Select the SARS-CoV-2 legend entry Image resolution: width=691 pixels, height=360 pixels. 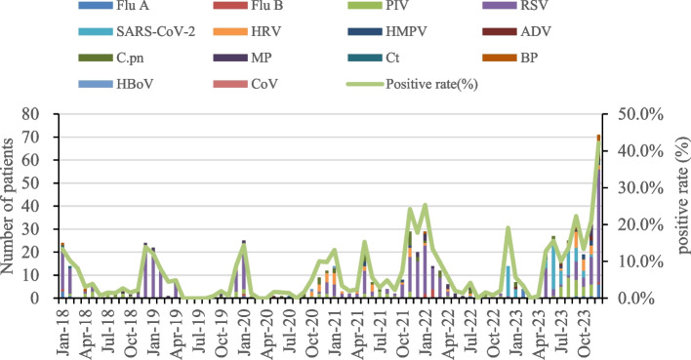137,32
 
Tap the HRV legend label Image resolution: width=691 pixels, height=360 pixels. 266,32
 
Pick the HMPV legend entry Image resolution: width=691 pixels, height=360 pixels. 387,32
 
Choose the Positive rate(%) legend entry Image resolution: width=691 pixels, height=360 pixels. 413,84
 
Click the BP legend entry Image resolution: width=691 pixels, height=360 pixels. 510,58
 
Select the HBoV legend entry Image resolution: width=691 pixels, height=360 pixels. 116,84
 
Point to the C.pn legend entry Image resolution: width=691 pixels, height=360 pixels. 111,58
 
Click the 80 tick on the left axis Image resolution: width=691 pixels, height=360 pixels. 43,114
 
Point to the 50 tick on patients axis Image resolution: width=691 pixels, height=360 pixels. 43,182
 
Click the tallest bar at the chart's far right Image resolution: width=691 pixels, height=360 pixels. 598,217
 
